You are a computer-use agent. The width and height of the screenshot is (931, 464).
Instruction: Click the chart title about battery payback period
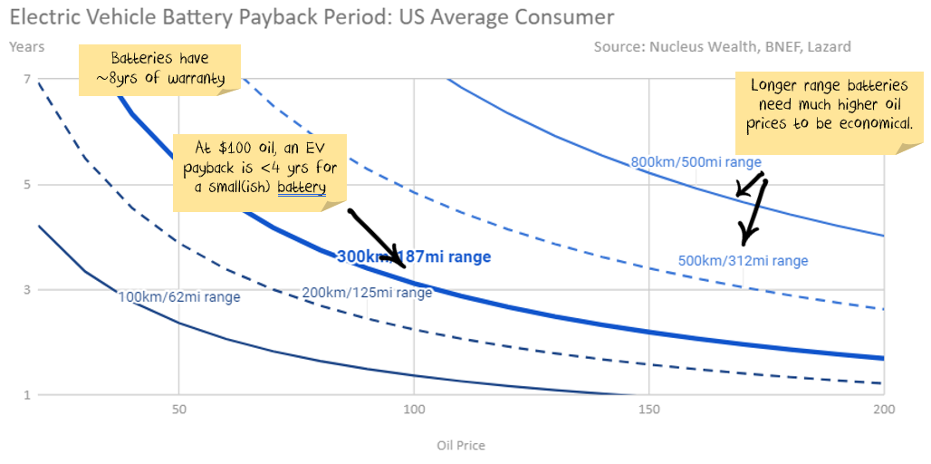point(311,17)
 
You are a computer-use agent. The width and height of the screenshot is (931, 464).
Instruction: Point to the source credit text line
point(722,46)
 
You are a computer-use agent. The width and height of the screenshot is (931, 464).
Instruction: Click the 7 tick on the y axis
point(27,80)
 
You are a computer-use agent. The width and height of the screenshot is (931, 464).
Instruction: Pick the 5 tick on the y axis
point(27,185)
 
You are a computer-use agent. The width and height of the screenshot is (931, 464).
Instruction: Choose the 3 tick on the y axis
point(27,290)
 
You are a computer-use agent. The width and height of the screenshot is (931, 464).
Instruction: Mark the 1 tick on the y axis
point(27,395)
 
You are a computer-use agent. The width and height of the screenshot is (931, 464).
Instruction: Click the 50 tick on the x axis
point(179,411)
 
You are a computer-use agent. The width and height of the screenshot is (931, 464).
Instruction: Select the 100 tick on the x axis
point(414,411)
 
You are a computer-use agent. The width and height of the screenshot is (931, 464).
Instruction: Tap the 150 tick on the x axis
point(649,411)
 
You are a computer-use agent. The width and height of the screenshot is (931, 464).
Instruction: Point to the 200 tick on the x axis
point(883,411)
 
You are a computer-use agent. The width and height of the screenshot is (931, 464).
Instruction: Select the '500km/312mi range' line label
point(743,261)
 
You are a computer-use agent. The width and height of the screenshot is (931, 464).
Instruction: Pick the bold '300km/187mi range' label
point(414,257)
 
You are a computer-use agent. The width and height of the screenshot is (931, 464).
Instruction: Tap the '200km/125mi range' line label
point(367,292)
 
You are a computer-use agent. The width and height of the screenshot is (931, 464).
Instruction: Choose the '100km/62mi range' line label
point(179,296)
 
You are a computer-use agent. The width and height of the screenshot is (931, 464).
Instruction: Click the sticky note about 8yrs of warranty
point(165,68)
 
